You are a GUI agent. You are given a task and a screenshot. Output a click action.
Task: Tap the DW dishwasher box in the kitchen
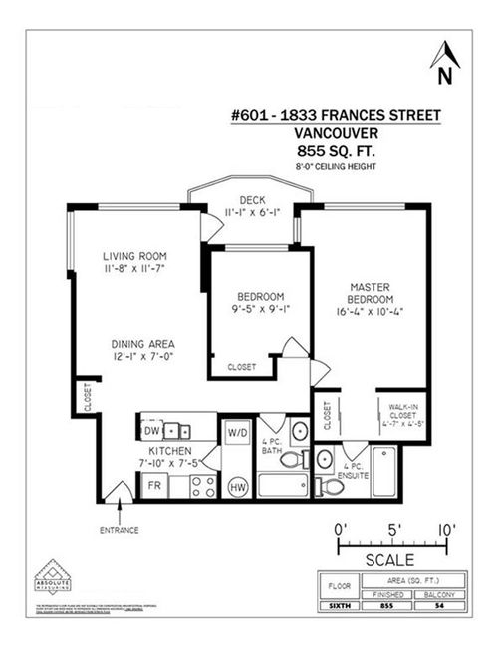pos(151,431)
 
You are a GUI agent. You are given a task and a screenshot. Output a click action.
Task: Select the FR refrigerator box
pos(154,487)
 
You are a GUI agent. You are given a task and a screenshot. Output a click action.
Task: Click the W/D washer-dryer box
pos(237,434)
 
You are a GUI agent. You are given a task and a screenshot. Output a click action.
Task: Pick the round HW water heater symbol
pos(238,487)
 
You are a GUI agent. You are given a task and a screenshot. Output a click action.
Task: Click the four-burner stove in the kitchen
pos(204,486)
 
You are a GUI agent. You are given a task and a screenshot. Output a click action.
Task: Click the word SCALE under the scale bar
pos(390,559)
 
